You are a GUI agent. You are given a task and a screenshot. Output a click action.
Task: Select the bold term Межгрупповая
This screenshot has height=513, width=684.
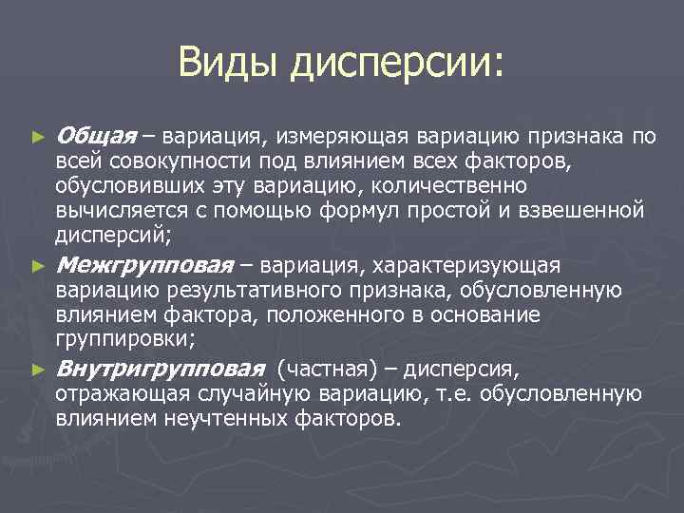145,264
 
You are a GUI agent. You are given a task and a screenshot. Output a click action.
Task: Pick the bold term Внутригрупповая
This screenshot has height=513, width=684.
160,369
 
